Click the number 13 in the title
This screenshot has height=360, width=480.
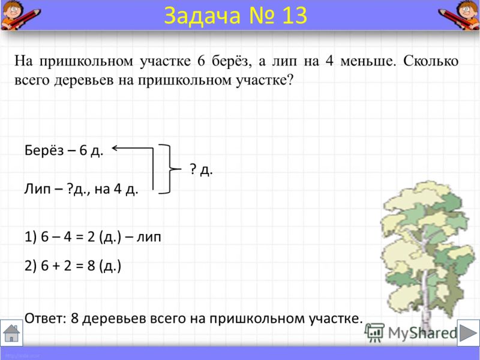[x=295, y=16]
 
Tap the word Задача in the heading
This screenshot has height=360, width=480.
[x=202, y=16]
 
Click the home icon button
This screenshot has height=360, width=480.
[x=11, y=333]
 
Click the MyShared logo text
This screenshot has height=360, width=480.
[x=422, y=333]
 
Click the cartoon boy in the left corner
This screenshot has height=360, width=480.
[x=19, y=14]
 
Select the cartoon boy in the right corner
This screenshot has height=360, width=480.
[x=460, y=14]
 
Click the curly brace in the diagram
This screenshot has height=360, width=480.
[x=169, y=169]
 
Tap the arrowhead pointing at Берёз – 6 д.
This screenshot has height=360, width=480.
[x=115, y=148]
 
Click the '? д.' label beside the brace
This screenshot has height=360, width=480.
[x=201, y=169]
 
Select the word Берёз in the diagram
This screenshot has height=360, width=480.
[x=44, y=151]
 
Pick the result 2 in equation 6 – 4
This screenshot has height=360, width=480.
[x=91, y=237]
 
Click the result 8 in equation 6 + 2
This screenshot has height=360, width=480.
[x=91, y=265]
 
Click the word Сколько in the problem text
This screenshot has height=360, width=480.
[x=430, y=61]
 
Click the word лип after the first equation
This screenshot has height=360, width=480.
[x=148, y=237]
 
